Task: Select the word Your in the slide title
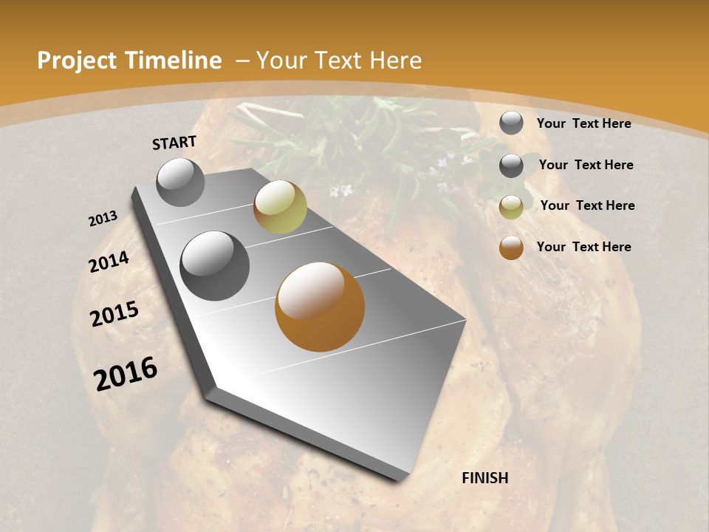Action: (x=281, y=61)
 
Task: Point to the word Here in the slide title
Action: (x=396, y=61)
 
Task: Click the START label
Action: (x=174, y=143)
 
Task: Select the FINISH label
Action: (x=484, y=478)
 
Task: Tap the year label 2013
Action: (x=103, y=219)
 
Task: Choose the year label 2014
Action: (x=109, y=262)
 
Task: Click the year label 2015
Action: (x=114, y=314)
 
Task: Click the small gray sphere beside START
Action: (x=180, y=182)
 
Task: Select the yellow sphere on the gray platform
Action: (x=280, y=207)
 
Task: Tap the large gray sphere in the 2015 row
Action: (x=215, y=266)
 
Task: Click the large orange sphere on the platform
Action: (x=320, y=307)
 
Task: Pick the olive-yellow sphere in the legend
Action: (x=511, y=207)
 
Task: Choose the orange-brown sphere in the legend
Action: (x=511, y=248)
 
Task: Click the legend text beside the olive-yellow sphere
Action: (x=587, y=205)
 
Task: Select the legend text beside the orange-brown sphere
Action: (x=583, y=247)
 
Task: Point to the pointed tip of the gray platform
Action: (x=399, y=477)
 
